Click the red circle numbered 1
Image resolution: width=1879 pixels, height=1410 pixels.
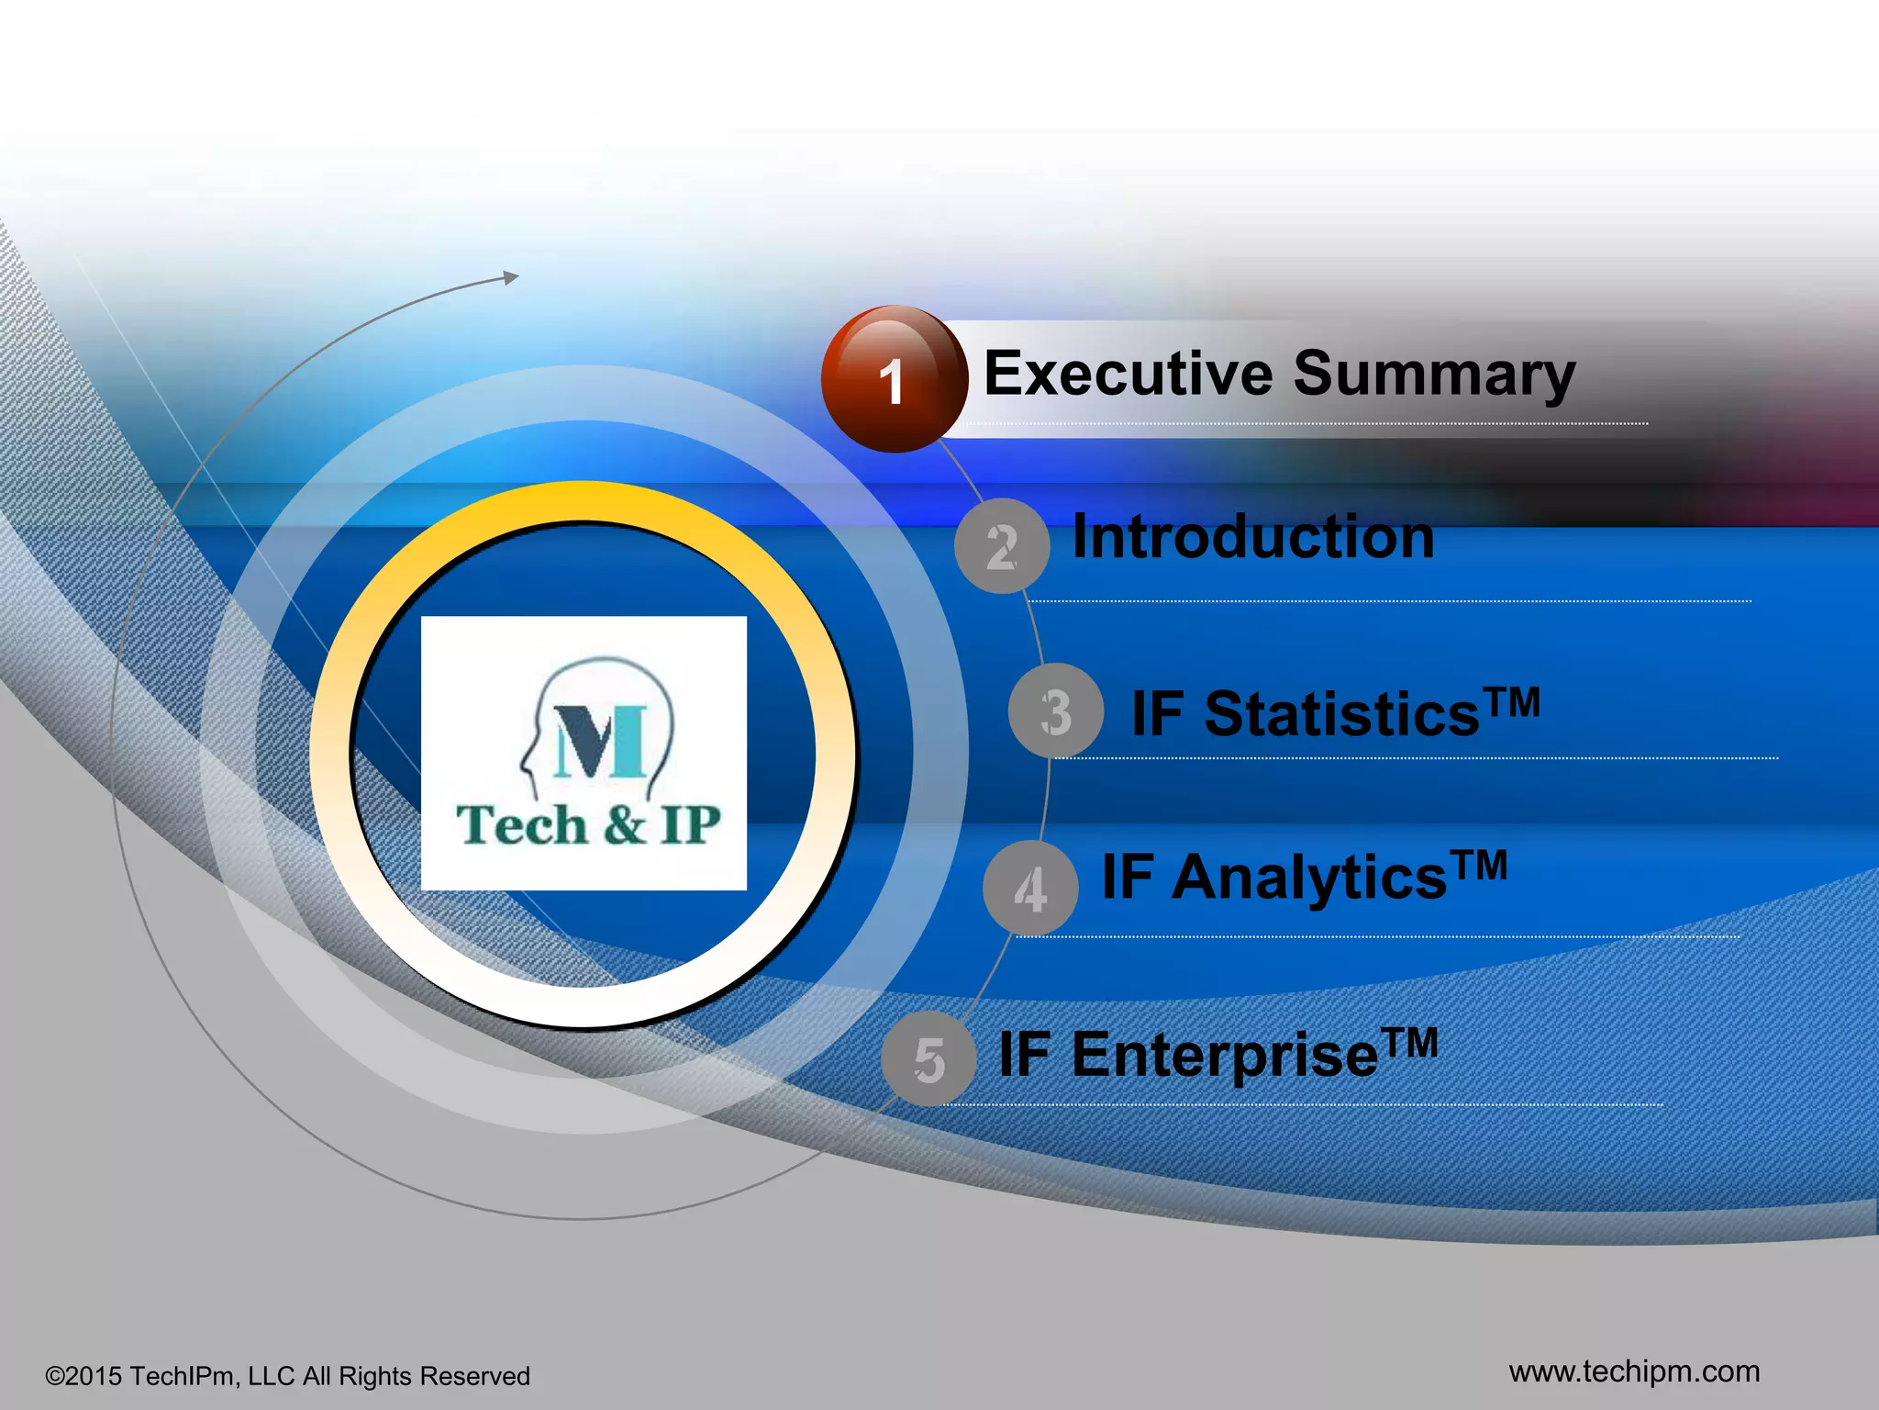(894, 379)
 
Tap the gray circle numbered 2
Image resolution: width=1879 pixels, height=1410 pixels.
(1001, 546)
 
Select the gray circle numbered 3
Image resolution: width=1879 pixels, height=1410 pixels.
(1055, 711)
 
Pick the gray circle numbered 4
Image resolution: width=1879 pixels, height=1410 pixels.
(1029, 889)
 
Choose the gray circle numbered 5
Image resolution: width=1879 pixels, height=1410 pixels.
(928, 1059)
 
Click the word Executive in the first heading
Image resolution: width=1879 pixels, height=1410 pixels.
(1128, 374)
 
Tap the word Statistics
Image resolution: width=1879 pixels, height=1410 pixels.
(1340, 714)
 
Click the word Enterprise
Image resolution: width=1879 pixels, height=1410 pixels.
(1224, 1056)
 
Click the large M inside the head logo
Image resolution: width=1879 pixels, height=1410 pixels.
(601, 741)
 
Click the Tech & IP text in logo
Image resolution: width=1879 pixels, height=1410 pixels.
(587, 824)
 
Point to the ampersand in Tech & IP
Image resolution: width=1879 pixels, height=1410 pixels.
(624, 823)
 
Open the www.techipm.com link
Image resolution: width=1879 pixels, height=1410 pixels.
(1634, 1371)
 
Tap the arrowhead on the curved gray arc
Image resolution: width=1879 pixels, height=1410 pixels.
(511, 277)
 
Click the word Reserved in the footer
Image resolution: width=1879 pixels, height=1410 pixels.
(474, 1376)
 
